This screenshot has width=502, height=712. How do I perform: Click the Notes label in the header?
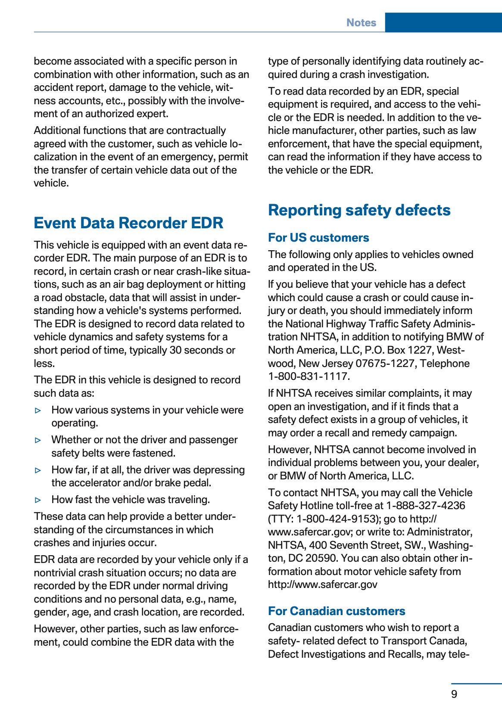click(x=361, y=23)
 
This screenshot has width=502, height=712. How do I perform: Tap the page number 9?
click(x=454, y=694)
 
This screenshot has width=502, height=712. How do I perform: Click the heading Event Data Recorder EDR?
click(x=128, y=223)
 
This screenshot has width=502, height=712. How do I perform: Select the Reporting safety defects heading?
click(x=359, y=210)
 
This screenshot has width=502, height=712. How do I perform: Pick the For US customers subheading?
click(x=318, y=238)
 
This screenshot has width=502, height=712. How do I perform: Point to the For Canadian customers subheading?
click(x=337, y=611)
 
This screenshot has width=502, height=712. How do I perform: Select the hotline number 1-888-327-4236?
click(x=425, y=506)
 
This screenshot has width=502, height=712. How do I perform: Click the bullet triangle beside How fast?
click(x=38, y=500)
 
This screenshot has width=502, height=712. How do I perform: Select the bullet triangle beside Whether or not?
click(x=38, y=440)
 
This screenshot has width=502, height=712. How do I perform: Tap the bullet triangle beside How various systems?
click(x=38, y=410)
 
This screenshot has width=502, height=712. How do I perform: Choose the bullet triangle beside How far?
click(x=38, y=470)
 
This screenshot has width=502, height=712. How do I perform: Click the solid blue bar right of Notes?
click(x=443, y=22)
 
